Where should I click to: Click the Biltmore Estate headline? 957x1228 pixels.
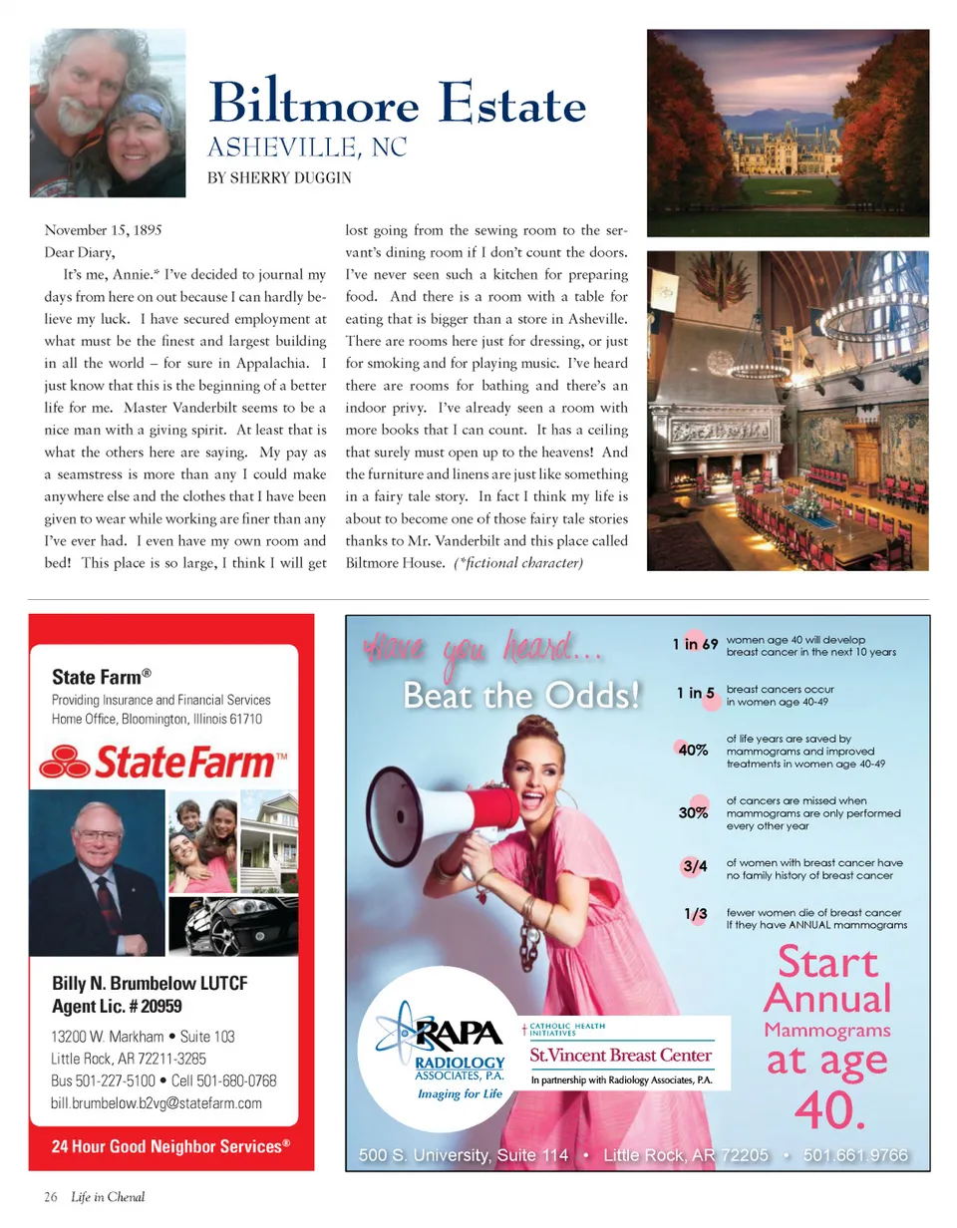click(398, 104)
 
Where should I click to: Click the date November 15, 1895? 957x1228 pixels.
click(104, 228)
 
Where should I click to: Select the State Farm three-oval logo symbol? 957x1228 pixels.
click(66, 765)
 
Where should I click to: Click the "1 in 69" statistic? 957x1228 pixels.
click(696, 644)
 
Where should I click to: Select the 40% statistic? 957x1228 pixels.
click(693, 752)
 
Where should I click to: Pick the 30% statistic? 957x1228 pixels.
click(693, 813)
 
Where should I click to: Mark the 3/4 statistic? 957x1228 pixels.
click(695, 866)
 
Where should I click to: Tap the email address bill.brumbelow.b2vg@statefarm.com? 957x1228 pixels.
click(157, 1103)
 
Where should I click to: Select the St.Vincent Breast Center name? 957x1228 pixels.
click(620, 1056)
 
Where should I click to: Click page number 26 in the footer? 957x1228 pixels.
click(50, 1197)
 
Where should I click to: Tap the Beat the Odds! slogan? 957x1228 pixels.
click(519, 697)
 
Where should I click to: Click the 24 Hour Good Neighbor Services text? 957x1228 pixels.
click(170, 1146)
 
